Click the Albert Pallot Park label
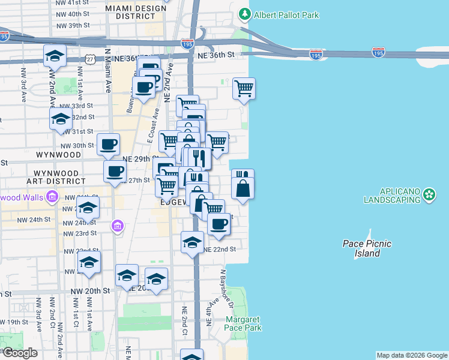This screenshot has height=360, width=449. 286,14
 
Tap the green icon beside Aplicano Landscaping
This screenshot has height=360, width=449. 429,194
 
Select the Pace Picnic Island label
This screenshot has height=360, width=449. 367,248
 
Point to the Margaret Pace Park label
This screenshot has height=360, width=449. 243,324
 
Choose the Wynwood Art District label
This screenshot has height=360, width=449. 56,176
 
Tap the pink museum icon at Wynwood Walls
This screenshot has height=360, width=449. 52,196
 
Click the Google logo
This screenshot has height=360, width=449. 19,353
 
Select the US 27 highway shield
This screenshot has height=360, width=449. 90,59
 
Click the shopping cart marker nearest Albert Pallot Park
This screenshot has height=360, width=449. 244,89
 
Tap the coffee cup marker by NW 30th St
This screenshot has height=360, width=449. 108,144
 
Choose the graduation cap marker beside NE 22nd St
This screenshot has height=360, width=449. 192,242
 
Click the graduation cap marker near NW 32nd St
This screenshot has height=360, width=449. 61,119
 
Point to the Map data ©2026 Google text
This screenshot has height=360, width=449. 412,355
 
